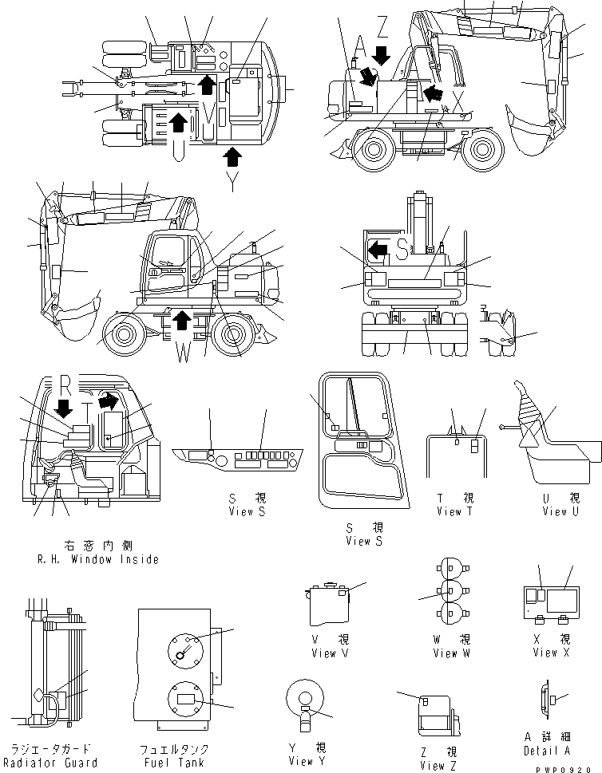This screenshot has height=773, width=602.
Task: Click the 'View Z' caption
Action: pos(438,765)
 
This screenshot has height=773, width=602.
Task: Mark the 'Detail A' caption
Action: pos(547,751)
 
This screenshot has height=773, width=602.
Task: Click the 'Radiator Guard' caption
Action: pos(54,762)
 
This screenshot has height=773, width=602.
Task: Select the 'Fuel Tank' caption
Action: pos(175,762)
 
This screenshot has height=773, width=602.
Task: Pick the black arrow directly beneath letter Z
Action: pos(382,55)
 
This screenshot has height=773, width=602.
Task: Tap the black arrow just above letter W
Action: pos(182,320)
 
